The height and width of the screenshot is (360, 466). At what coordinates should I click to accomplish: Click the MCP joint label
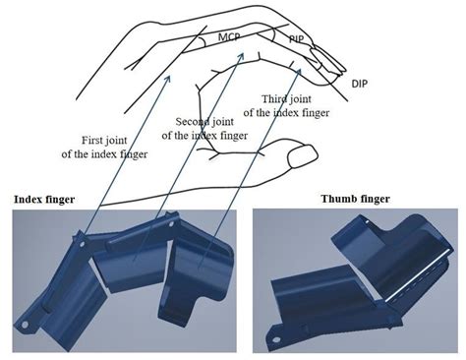[x=229, y=36]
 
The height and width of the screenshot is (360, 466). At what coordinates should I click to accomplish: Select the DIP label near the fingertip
[x=360, y=85]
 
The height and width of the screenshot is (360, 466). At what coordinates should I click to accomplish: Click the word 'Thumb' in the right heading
[x=338, y=199]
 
